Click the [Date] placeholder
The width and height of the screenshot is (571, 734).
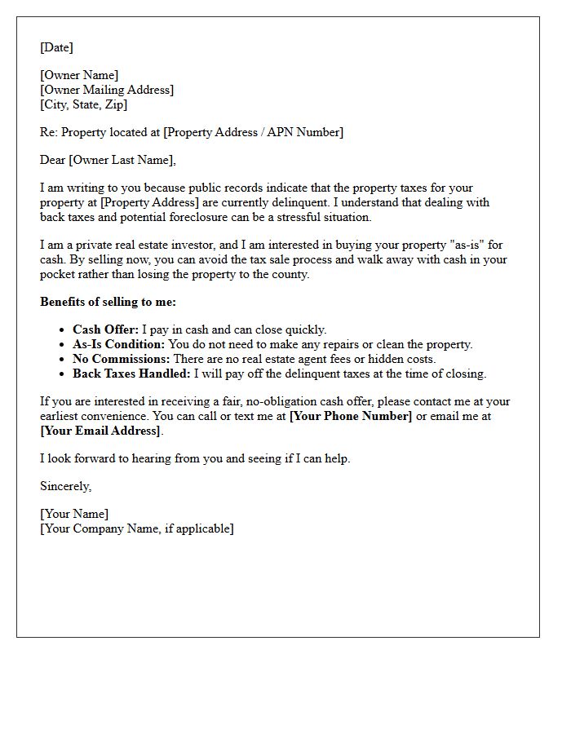pos(56,47)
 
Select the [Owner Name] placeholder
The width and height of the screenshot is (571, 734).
pos(79,75)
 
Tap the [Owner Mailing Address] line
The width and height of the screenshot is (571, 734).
pos(107,90)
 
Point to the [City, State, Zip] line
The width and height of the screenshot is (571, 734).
pos(83,104)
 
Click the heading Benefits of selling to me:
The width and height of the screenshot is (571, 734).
pos(108,302)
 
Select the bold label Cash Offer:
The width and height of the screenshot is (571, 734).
pos(106,329)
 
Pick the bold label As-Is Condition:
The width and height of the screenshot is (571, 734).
pos(119,344)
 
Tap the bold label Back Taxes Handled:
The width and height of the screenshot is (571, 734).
pos(131,374)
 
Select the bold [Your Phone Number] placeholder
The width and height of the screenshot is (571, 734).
pos(351,416)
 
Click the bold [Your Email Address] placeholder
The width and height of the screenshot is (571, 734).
pos(100,431)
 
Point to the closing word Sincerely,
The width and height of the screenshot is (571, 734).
pos(65,486)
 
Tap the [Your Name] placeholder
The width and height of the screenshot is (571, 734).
pos(74,514)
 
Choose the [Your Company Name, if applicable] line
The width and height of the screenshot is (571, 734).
pos(136,528)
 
